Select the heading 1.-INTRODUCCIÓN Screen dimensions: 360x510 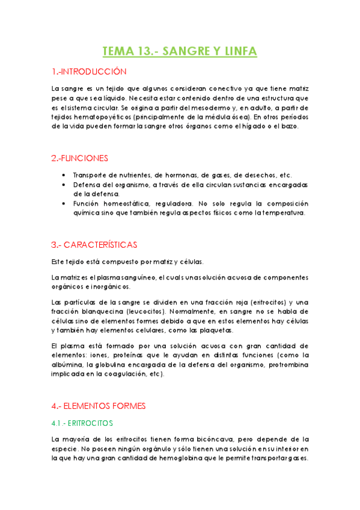tap(89, 72)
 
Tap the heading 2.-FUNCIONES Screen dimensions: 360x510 tap(80, 158)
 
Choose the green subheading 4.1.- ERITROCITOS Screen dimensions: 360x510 tap(82, 423)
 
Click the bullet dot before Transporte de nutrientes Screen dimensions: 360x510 tap(64, 174)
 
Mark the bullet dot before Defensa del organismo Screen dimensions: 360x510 tap(64, 184)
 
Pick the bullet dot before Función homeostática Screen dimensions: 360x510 tap(64, 203)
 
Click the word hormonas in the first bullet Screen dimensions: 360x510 tap(154, 174)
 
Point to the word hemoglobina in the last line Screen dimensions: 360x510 tap(156, 458)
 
